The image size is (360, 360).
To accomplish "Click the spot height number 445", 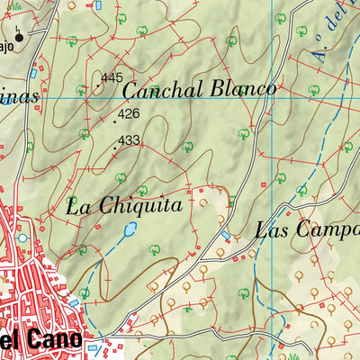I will [x=112, y=78].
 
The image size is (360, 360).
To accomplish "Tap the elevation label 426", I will [x=129, y=114].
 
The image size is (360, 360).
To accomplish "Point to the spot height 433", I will [x=129, y=140].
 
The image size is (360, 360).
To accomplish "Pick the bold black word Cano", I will [x=55, y=340].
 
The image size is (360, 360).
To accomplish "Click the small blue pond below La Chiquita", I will [x=127, y=231].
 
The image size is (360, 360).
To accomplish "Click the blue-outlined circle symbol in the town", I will [x=22, y=238].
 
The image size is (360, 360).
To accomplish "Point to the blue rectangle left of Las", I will [x=226, y=235].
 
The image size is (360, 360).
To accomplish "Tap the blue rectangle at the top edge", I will [x=99, y=4].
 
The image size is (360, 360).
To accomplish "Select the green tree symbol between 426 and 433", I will [x=84, y=133].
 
